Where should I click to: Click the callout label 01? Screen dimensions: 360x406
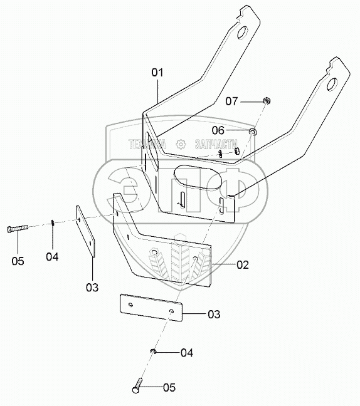157,73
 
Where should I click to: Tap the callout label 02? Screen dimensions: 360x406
242,264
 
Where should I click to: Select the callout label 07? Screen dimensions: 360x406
231,101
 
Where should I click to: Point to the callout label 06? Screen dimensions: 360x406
218,130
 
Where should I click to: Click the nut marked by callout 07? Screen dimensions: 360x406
267,100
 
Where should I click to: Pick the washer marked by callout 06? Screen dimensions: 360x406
253,132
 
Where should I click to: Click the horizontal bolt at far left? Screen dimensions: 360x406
17,229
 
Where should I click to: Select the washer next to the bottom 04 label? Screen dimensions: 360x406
153,351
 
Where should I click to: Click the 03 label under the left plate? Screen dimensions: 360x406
92,288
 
